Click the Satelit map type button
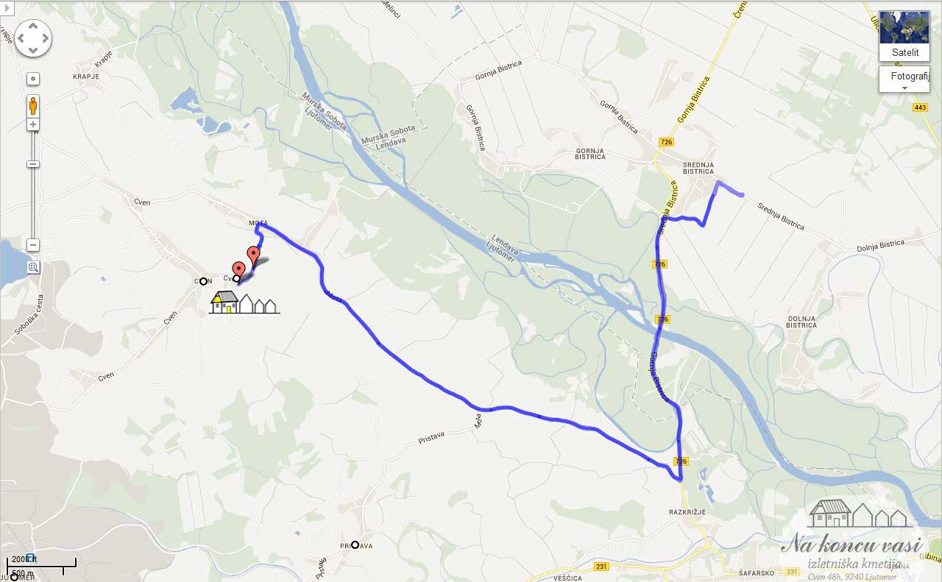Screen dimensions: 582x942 point(904,36)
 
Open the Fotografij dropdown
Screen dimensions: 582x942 point(904,79)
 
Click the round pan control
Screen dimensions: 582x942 point(33,38)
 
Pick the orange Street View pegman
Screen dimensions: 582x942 point(33,106)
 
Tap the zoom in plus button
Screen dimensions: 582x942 point(33,125)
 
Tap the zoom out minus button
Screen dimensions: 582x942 point(33,245)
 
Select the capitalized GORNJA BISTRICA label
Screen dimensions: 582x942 point(589,153)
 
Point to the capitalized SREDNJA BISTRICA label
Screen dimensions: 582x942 point(698,168)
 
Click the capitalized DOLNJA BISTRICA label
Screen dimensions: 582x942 point(801,322)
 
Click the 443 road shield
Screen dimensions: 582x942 point(920,107)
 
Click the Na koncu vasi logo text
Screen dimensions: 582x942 point(851,545)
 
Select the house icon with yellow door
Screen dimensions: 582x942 point(225,302)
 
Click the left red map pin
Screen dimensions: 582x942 point(238,271)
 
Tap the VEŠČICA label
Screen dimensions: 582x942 point(567,578)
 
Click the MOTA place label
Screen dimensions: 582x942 point(258,222)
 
